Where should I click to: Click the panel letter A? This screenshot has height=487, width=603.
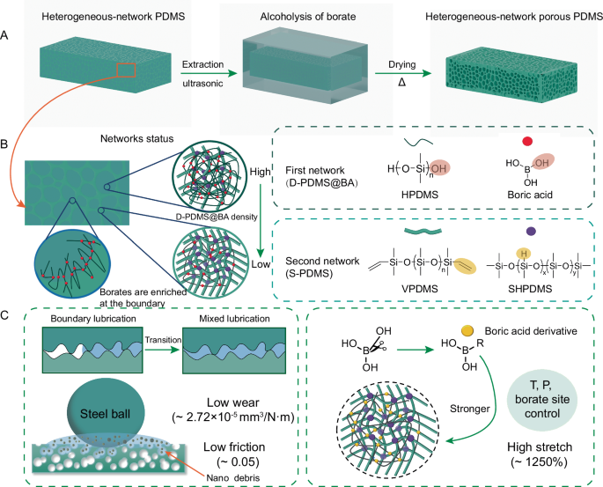(x=7, y=37)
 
